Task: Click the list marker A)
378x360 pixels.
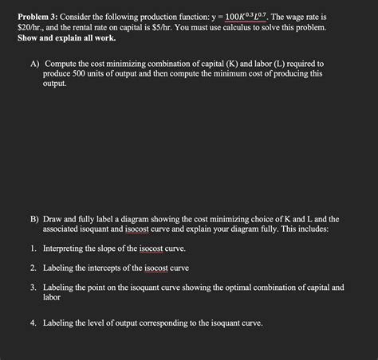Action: (34, 62)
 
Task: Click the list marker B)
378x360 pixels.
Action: (34, 218)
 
